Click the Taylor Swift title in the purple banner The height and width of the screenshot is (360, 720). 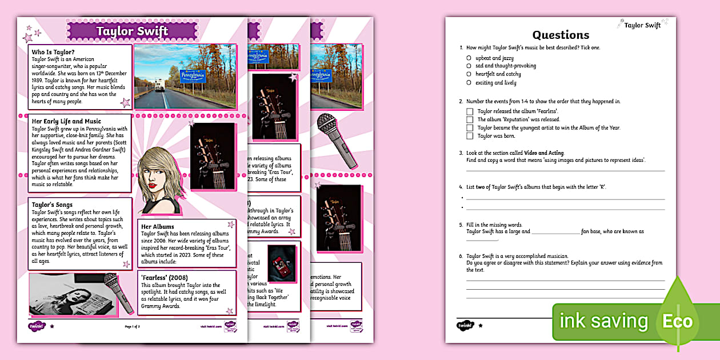[x=131, y=31]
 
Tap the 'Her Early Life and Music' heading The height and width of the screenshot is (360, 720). [x=66, y=121]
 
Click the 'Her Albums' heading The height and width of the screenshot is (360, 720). [x=158, y=226]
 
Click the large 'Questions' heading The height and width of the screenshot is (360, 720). [x=561, y=35]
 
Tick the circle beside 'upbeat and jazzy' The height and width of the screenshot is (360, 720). [x=469, y=58]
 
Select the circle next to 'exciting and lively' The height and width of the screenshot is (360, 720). [x=469, y=82]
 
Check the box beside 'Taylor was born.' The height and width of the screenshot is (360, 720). [x=470, y=136]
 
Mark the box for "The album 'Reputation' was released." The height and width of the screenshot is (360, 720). [x=470, y=120]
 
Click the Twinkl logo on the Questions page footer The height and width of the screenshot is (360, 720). [x=463, y=325]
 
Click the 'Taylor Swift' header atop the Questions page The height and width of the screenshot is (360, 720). [x=642, y=25]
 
